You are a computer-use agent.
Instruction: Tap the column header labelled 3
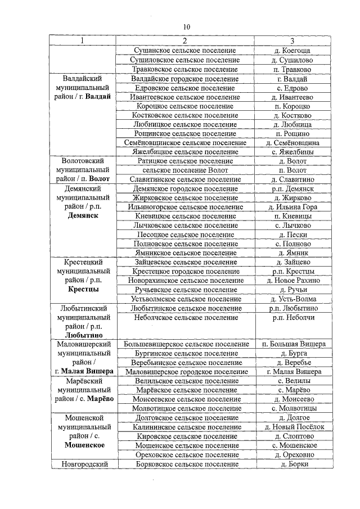[x=292, y=41]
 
